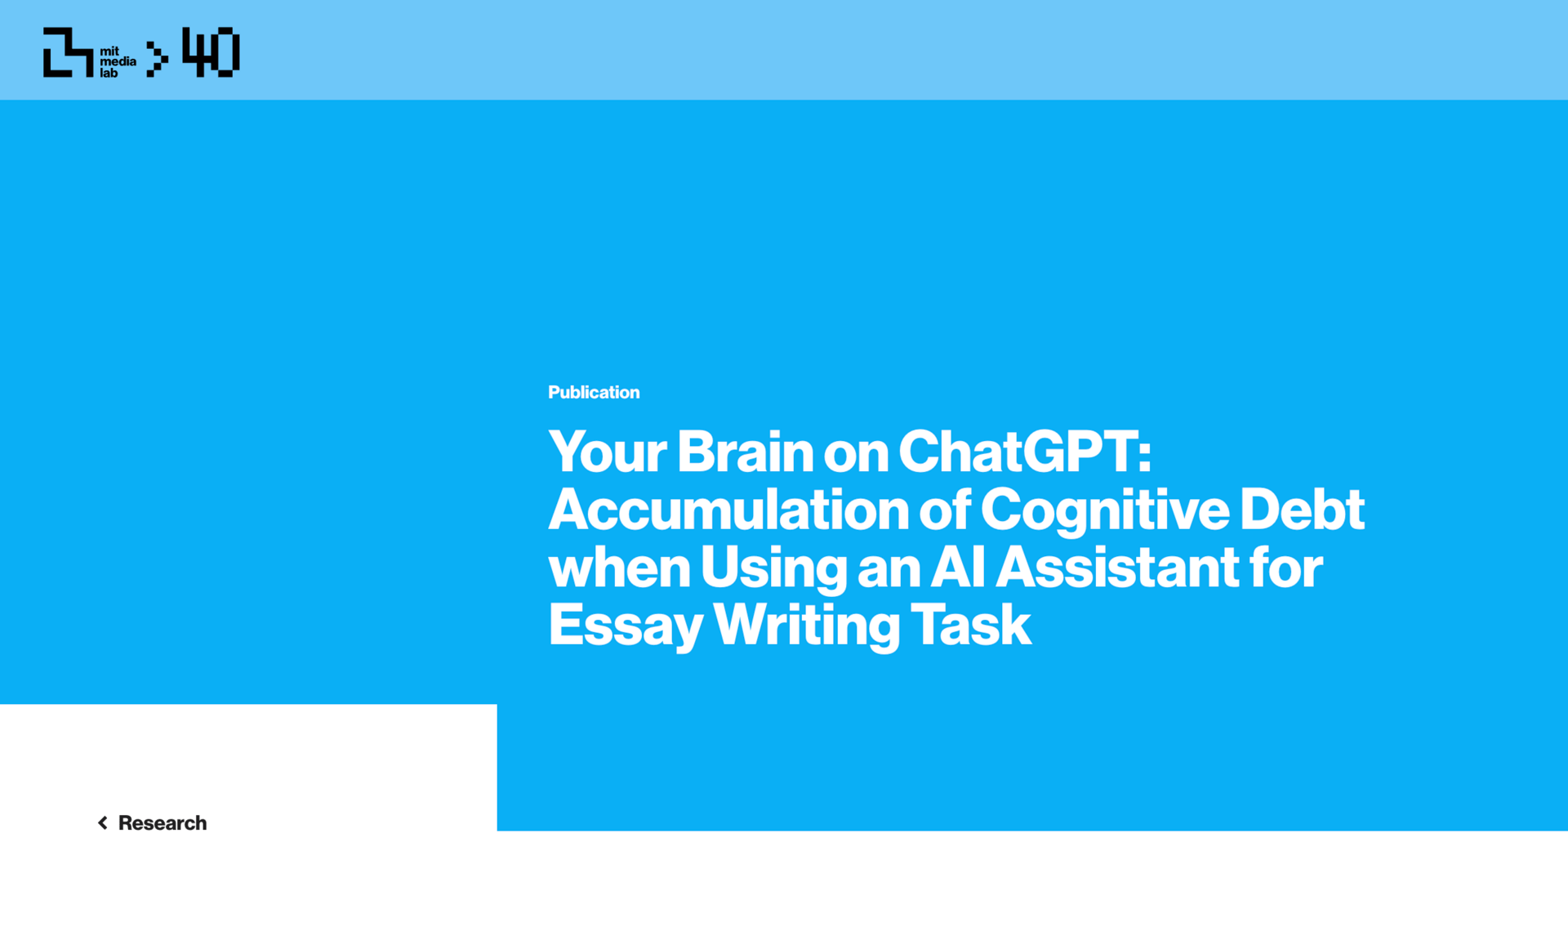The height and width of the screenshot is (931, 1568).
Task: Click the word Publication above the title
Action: [594, 392]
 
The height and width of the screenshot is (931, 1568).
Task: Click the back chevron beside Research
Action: [103, 822]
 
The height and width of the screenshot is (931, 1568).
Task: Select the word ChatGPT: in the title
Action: [1025, 451]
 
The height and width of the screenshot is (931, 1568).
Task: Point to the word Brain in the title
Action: [745, 451]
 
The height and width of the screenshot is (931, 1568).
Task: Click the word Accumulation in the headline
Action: [728, 509]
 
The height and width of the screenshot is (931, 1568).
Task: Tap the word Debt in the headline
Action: [1303, 509]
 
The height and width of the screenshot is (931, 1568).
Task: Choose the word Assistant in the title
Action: [1117, 566]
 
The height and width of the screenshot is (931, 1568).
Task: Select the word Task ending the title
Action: [971, 624]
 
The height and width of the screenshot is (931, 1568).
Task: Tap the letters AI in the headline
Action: [958, 566]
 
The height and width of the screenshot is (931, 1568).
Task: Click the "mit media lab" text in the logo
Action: [118, 62]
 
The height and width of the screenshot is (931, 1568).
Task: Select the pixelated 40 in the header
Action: [211, 52]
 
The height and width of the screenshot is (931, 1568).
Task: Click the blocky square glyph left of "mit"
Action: [68, 52]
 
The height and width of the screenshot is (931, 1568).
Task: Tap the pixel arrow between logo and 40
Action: [157, 59]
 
